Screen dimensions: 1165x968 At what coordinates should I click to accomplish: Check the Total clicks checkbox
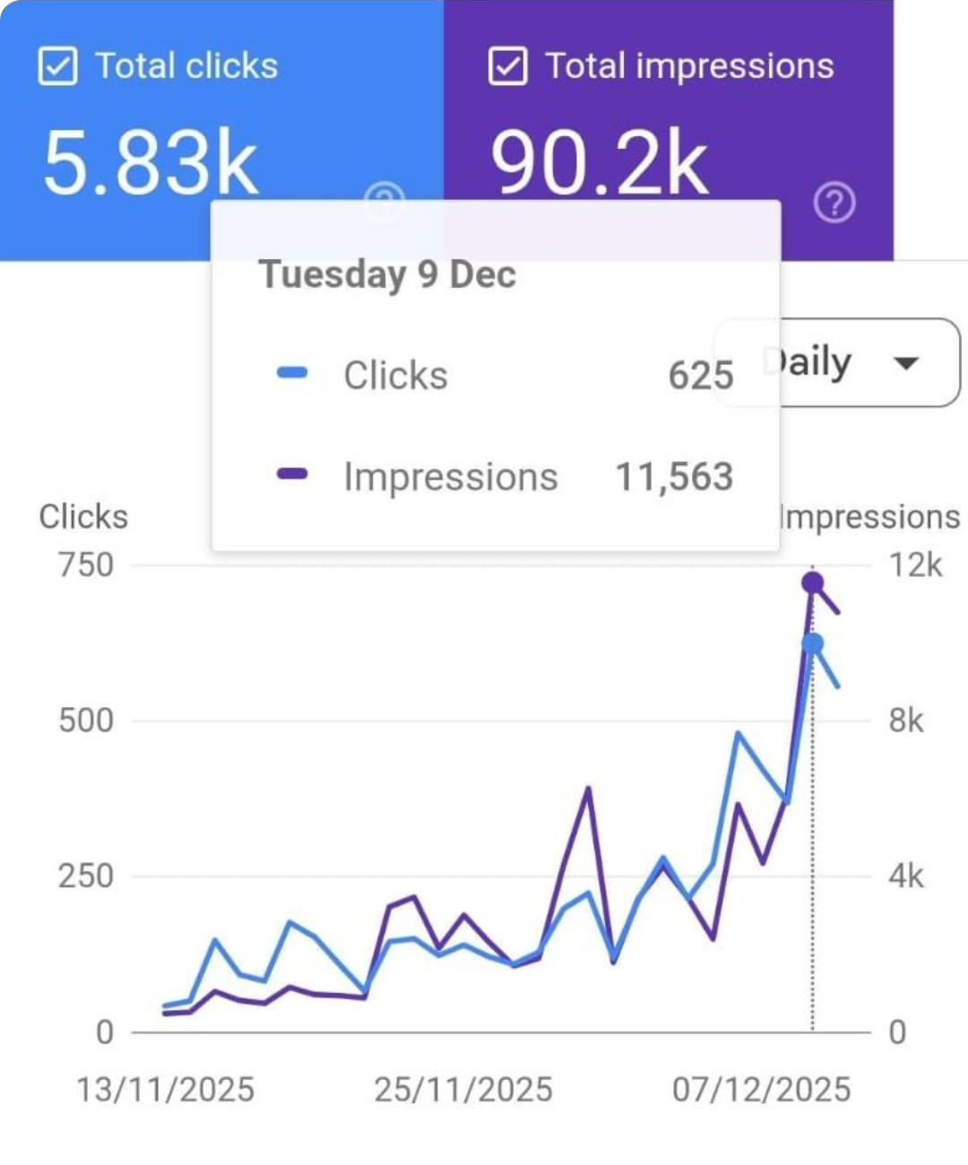tap(57, 66)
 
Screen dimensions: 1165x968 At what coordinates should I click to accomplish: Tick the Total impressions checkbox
tap(507, 66)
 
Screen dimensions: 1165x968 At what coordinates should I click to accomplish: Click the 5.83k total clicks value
tap(151, 163)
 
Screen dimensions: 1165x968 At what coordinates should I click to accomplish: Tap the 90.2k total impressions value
tap(599, 163)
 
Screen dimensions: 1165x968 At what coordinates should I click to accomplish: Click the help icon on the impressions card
tap(834, 203)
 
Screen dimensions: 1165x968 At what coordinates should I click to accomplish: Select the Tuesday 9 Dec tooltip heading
tap(387, 274)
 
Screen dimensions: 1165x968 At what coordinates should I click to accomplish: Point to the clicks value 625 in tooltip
tap(701, 375)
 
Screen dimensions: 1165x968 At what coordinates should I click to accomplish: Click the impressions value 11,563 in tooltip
tap(674, 477)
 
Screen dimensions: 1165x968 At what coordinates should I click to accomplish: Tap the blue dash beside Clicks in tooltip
tap(292, 373)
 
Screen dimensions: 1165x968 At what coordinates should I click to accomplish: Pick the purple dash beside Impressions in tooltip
tap(292, 474)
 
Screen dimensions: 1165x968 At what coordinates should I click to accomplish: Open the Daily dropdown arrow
tap(906, 363)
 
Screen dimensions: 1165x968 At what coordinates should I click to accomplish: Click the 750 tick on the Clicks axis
tap(86, 565)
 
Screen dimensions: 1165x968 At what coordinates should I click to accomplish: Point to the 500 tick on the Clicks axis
tap(86, 721)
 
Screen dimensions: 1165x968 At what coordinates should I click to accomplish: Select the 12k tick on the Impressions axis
tap(915, 565)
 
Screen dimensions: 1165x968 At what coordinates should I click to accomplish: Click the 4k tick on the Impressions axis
tap(905, 876)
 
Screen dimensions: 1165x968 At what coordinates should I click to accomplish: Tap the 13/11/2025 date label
tap(165, 1090)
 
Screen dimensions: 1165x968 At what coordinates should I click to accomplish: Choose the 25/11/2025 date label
tap(462, 1090)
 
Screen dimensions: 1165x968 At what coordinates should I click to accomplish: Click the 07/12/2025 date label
tap(761, 1090)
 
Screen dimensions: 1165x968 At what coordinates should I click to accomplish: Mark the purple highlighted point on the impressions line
tap(812, 583)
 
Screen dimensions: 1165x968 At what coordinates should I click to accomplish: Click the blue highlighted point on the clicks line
tap(812, 643)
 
